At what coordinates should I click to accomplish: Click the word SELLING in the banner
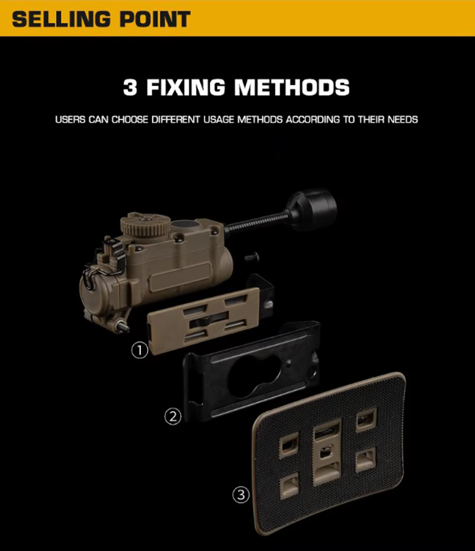[x=61, y=19]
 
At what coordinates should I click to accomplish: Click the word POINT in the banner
[x=155, y=19]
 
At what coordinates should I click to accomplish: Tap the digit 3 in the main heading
[x=130, y=87]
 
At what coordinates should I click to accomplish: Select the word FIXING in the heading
[x=186, y=87]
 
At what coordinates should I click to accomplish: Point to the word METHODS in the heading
[x=292, y=87]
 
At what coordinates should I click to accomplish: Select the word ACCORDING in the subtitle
[x=313, y=120]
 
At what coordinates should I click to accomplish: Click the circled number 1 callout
[x=140, y=351]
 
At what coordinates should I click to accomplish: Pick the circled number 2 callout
[x=173, y=417]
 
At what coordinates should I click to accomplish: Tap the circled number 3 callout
[x=241, y=495]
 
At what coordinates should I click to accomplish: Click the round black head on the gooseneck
[x=311, y=209]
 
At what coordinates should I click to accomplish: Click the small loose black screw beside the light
[x=252, y=258]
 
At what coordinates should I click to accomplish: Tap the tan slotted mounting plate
[x=204, y=320]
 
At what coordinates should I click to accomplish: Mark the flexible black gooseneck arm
[x=257, y=221]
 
